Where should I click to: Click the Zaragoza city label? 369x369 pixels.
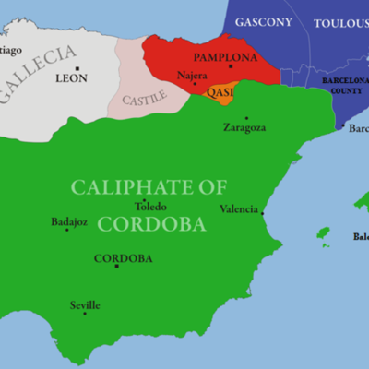(x=244, y=128)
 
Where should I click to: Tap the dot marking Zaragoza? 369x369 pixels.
(x=246, y=118)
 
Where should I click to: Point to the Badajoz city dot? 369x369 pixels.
(x=66, y=230)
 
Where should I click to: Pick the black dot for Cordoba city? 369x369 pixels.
(x=116, y=267)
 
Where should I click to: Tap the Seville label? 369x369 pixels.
(x=84, y=305)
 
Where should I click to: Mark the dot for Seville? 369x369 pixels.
(x=85, y=314)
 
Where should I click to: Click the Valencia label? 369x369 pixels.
(x=239, y=209)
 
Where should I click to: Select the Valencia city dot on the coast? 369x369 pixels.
(x=262, y=213)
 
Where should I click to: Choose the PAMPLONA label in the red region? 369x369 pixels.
(x=225, y=57)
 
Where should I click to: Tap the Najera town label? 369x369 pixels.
(x=192, y=73)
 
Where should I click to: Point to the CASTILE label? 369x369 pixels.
(x=145, y=96)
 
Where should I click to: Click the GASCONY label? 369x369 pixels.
(x=263, y=21)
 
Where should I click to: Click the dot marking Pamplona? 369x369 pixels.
(x=231, y=66)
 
